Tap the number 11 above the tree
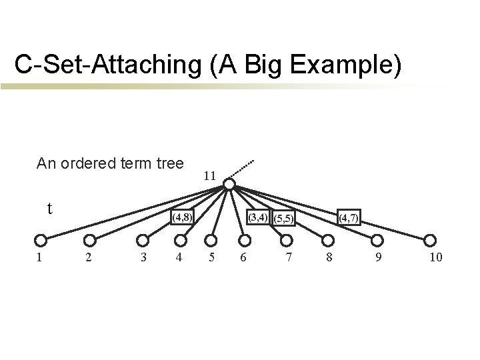[209, 176]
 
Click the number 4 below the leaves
[178, 257]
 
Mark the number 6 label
[244, 257]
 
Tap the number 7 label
[288, 257]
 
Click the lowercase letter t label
[50, 209]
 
